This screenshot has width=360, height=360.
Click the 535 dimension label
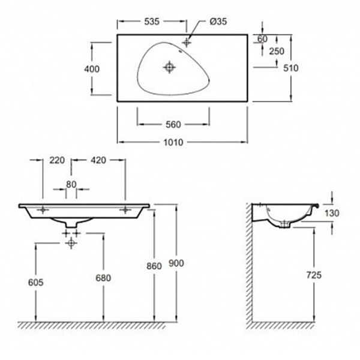152,22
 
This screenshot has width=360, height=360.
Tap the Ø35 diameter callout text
218,22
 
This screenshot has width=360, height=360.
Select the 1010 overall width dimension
173,142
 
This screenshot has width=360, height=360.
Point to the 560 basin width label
173,125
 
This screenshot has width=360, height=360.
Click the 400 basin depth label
92,69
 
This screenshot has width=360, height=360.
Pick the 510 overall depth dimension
290,68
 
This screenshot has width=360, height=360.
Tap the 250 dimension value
277,51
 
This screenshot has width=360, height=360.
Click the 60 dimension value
262,39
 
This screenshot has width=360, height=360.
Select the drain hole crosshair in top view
169,67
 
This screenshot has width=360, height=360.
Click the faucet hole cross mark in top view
187,43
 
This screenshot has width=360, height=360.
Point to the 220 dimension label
57,160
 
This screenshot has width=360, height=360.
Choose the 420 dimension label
98,160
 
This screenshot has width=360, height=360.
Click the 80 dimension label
71,184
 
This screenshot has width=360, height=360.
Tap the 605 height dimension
36,283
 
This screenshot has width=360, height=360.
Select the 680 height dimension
103,278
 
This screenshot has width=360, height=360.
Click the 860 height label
154,266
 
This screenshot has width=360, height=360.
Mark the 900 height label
176,263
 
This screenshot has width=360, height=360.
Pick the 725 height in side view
314,275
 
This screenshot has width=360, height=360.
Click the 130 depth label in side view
332,213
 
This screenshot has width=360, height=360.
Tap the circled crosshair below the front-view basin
71,243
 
